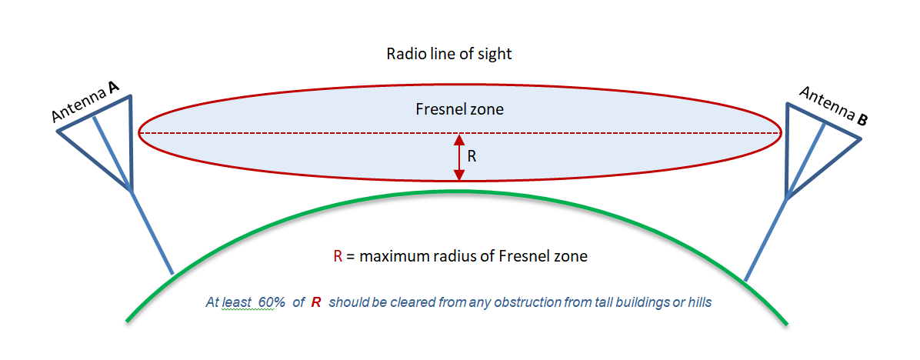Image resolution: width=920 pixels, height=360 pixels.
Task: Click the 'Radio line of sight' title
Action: tap(449, 55)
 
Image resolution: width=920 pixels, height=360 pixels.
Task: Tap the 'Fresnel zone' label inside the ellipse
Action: tap(459, 109)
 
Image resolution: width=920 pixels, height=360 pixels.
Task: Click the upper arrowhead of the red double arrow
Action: tap(459, 139)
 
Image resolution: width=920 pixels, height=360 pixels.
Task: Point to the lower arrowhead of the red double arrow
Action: tap(459, 175)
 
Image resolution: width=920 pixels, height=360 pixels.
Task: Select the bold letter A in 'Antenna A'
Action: tap(112, 87)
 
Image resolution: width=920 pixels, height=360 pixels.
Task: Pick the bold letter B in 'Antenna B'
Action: tap(862, 120)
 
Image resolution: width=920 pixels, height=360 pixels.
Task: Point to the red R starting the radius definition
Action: tap(338, 256)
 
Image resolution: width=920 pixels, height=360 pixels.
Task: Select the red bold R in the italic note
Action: tap(315, 303)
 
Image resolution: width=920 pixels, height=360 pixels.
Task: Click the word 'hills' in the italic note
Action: tap(700, 303)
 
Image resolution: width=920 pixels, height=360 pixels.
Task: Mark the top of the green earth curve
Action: tap(459, 191)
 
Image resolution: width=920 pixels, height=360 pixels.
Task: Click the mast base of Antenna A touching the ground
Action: tap(172, 273)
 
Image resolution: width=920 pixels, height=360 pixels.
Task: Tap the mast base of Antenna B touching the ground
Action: tap(745, 280)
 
